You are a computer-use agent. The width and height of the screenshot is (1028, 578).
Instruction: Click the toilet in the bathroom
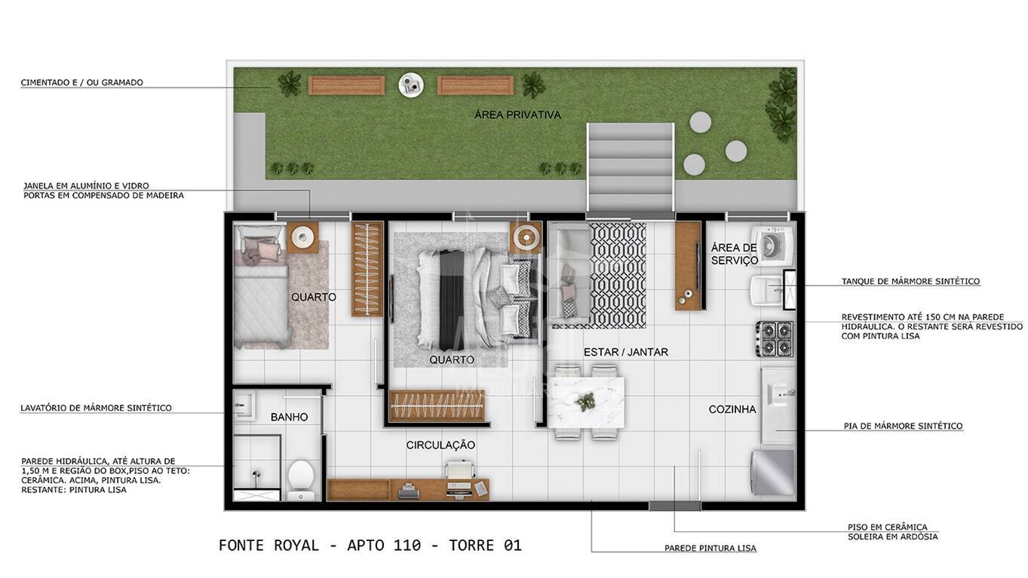(x=300, y=477)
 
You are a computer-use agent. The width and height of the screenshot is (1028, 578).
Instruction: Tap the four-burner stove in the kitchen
(x=775, y=338)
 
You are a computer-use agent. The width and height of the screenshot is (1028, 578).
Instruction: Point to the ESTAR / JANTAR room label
(x=625, y=352)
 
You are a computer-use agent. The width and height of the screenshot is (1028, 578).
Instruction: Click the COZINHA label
(x=732, y=409)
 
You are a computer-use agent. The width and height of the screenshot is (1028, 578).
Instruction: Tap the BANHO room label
(x=289, y=417)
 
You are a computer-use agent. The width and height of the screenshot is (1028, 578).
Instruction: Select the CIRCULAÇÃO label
(x=440, y=445)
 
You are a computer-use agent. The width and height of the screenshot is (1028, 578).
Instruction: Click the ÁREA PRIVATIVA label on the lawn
(x=517, y=115)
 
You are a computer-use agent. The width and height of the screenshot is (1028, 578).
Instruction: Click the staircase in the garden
(x=631, y=167)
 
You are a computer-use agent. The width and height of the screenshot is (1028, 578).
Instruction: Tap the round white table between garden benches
(x=411, y=84)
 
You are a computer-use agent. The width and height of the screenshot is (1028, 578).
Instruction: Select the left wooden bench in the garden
(x=346, y=85)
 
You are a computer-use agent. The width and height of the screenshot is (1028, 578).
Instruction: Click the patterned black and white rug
(x=617, y=274)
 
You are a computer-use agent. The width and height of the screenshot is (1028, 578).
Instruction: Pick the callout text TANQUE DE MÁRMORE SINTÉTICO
(x=910, y=281)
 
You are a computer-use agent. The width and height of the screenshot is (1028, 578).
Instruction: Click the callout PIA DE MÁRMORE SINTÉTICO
(x=903, y=426)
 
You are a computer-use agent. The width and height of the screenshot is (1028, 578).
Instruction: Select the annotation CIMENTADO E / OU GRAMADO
(x=81, y=82)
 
